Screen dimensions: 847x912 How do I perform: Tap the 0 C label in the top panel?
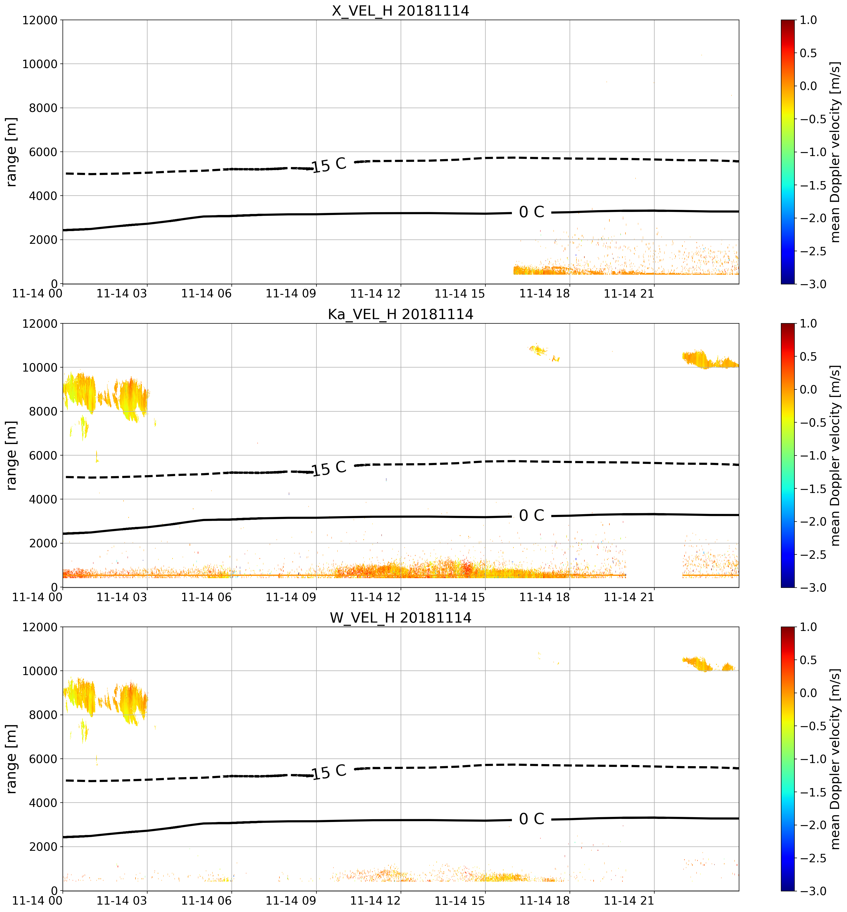pyautogui.click(x=531, y=212)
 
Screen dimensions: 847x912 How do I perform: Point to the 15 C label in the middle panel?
pyautogui.click(x=329, y=468)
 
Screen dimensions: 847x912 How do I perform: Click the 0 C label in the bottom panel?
pyautogui.click(x=531, y=819)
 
